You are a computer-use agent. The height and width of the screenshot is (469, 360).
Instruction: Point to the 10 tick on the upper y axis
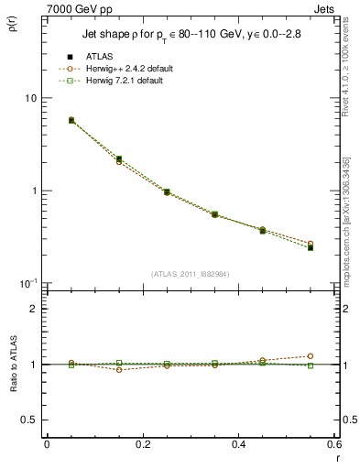coord(29,99)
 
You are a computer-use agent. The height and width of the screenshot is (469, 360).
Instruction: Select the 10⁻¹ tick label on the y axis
coord(27,283)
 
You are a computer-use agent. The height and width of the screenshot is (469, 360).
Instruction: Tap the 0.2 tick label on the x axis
coord(142,446)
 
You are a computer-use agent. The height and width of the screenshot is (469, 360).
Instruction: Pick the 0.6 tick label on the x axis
coord(333,446)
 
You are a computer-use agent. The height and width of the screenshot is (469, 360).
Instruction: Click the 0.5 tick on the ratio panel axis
coord(29,420)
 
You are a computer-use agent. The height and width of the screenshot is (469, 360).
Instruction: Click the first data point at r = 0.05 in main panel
coord(71,120)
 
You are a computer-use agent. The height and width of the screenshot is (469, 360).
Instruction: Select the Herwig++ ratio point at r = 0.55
coord(311,356)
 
